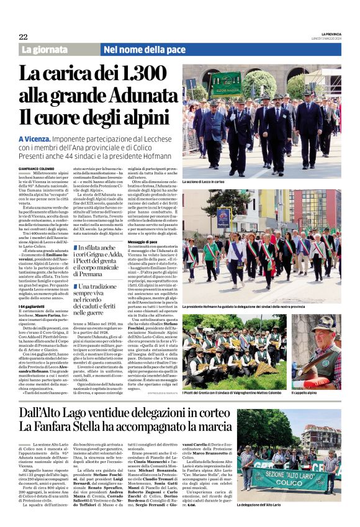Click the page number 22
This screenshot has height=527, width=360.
pos(23,37)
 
